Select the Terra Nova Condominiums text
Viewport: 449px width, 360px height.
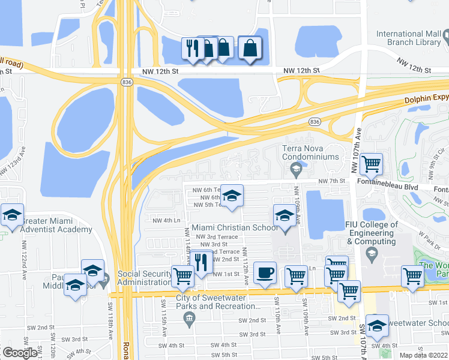[310, 152]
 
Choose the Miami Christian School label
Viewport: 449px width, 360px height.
[235, 228]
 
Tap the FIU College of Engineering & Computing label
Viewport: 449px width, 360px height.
[371, 233]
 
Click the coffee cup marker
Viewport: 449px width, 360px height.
[265, 273]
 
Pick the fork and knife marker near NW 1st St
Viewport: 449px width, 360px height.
[200, 262]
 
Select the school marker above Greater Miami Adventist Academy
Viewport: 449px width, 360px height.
[12, 214]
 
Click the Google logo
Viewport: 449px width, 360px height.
[20, 353]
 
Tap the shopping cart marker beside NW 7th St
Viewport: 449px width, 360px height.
[372, 163]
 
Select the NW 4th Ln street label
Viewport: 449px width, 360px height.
[166, 220]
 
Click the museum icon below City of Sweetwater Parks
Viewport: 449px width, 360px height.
[190, 317]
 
